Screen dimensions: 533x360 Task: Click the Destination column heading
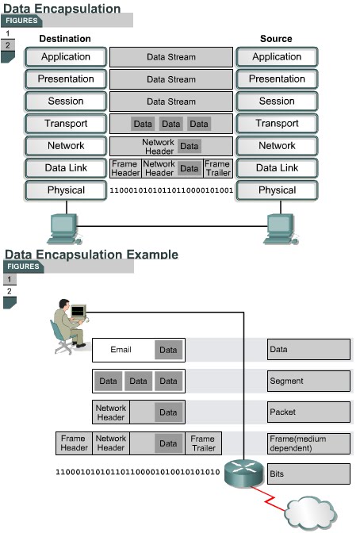pyautogui.click(x=65, y=38)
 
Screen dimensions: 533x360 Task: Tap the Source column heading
pyautogui.click(x=276, y=38)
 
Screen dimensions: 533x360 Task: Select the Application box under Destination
pyautogui.click(x=66, y=57)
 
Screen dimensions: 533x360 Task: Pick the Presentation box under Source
pyautogui.click(x=277, y=79)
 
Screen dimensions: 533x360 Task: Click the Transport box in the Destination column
pyautogui.click(x=66, y=124)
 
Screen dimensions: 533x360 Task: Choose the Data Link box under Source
pyautogui.click(x=277, y=168)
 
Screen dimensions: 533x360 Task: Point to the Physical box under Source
pyautogui.click(x=277, y=190)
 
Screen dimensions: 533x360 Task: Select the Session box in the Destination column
pyautogui.click(x=66, y=102)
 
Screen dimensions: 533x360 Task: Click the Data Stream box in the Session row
pyautogui.click(x=170, y=102)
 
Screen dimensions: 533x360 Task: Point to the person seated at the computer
pyautogui.click(x=68, y=325)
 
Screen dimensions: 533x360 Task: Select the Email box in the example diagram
pyautogui.click(x=122, y=350)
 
